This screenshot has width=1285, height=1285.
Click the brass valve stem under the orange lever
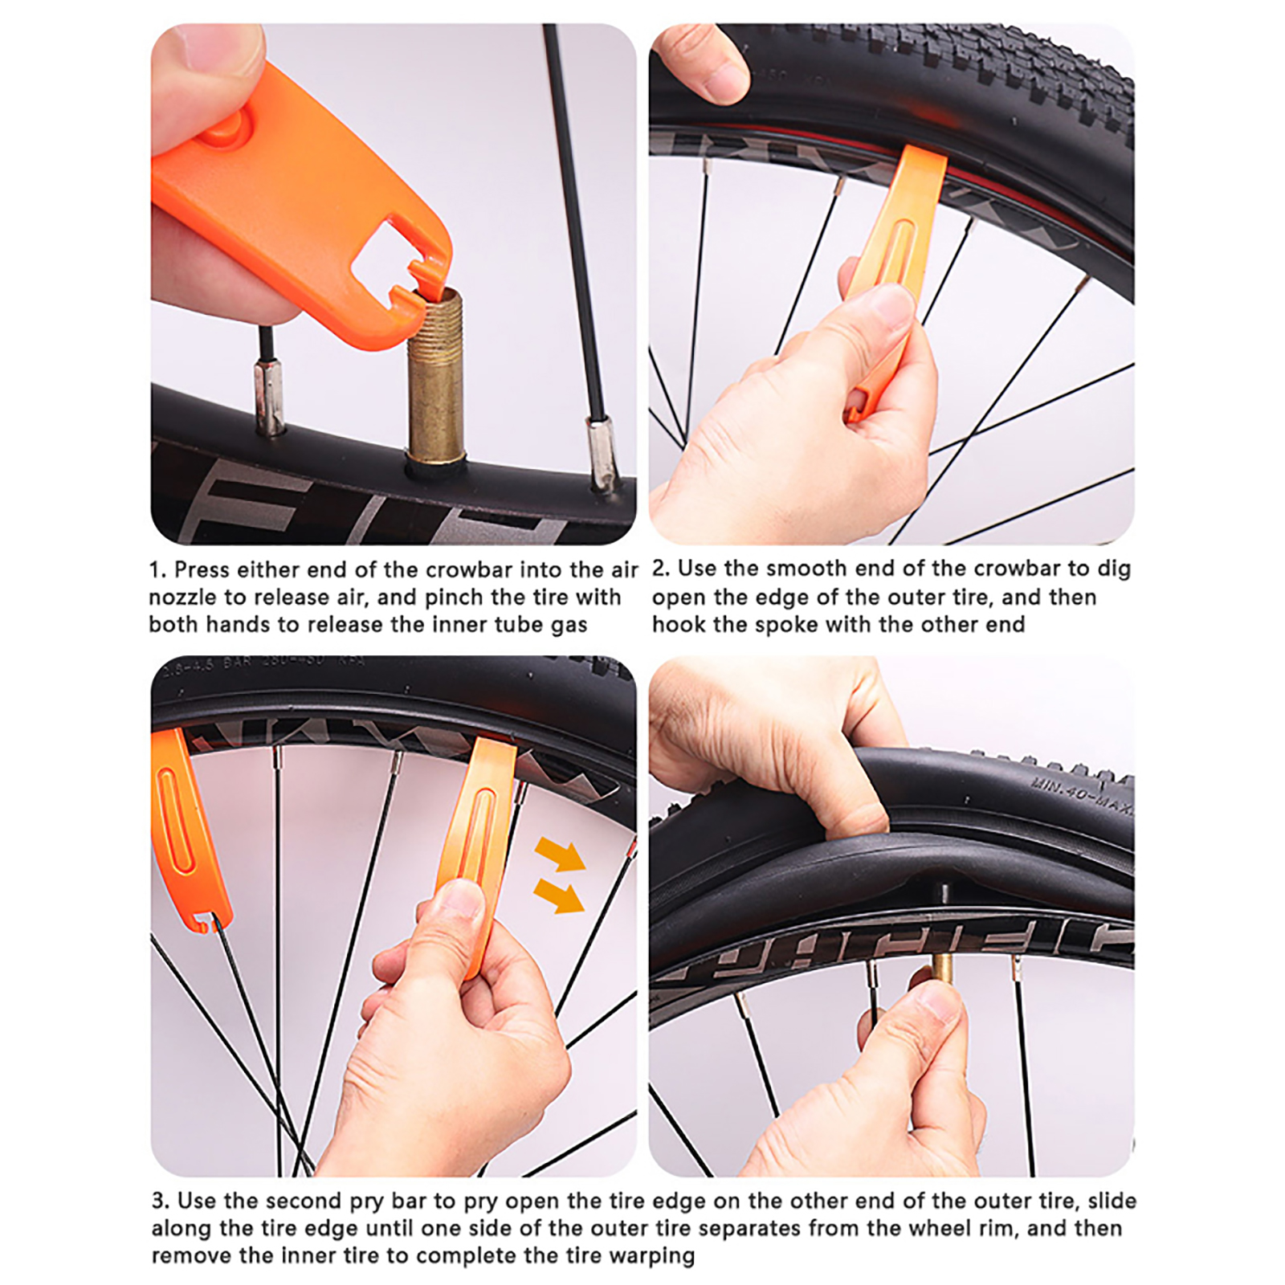click(436, 377)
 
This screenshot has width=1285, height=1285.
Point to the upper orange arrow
click(560, 854)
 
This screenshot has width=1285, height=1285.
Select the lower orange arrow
click(559, 895)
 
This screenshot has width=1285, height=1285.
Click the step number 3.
click(160, 1201)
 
